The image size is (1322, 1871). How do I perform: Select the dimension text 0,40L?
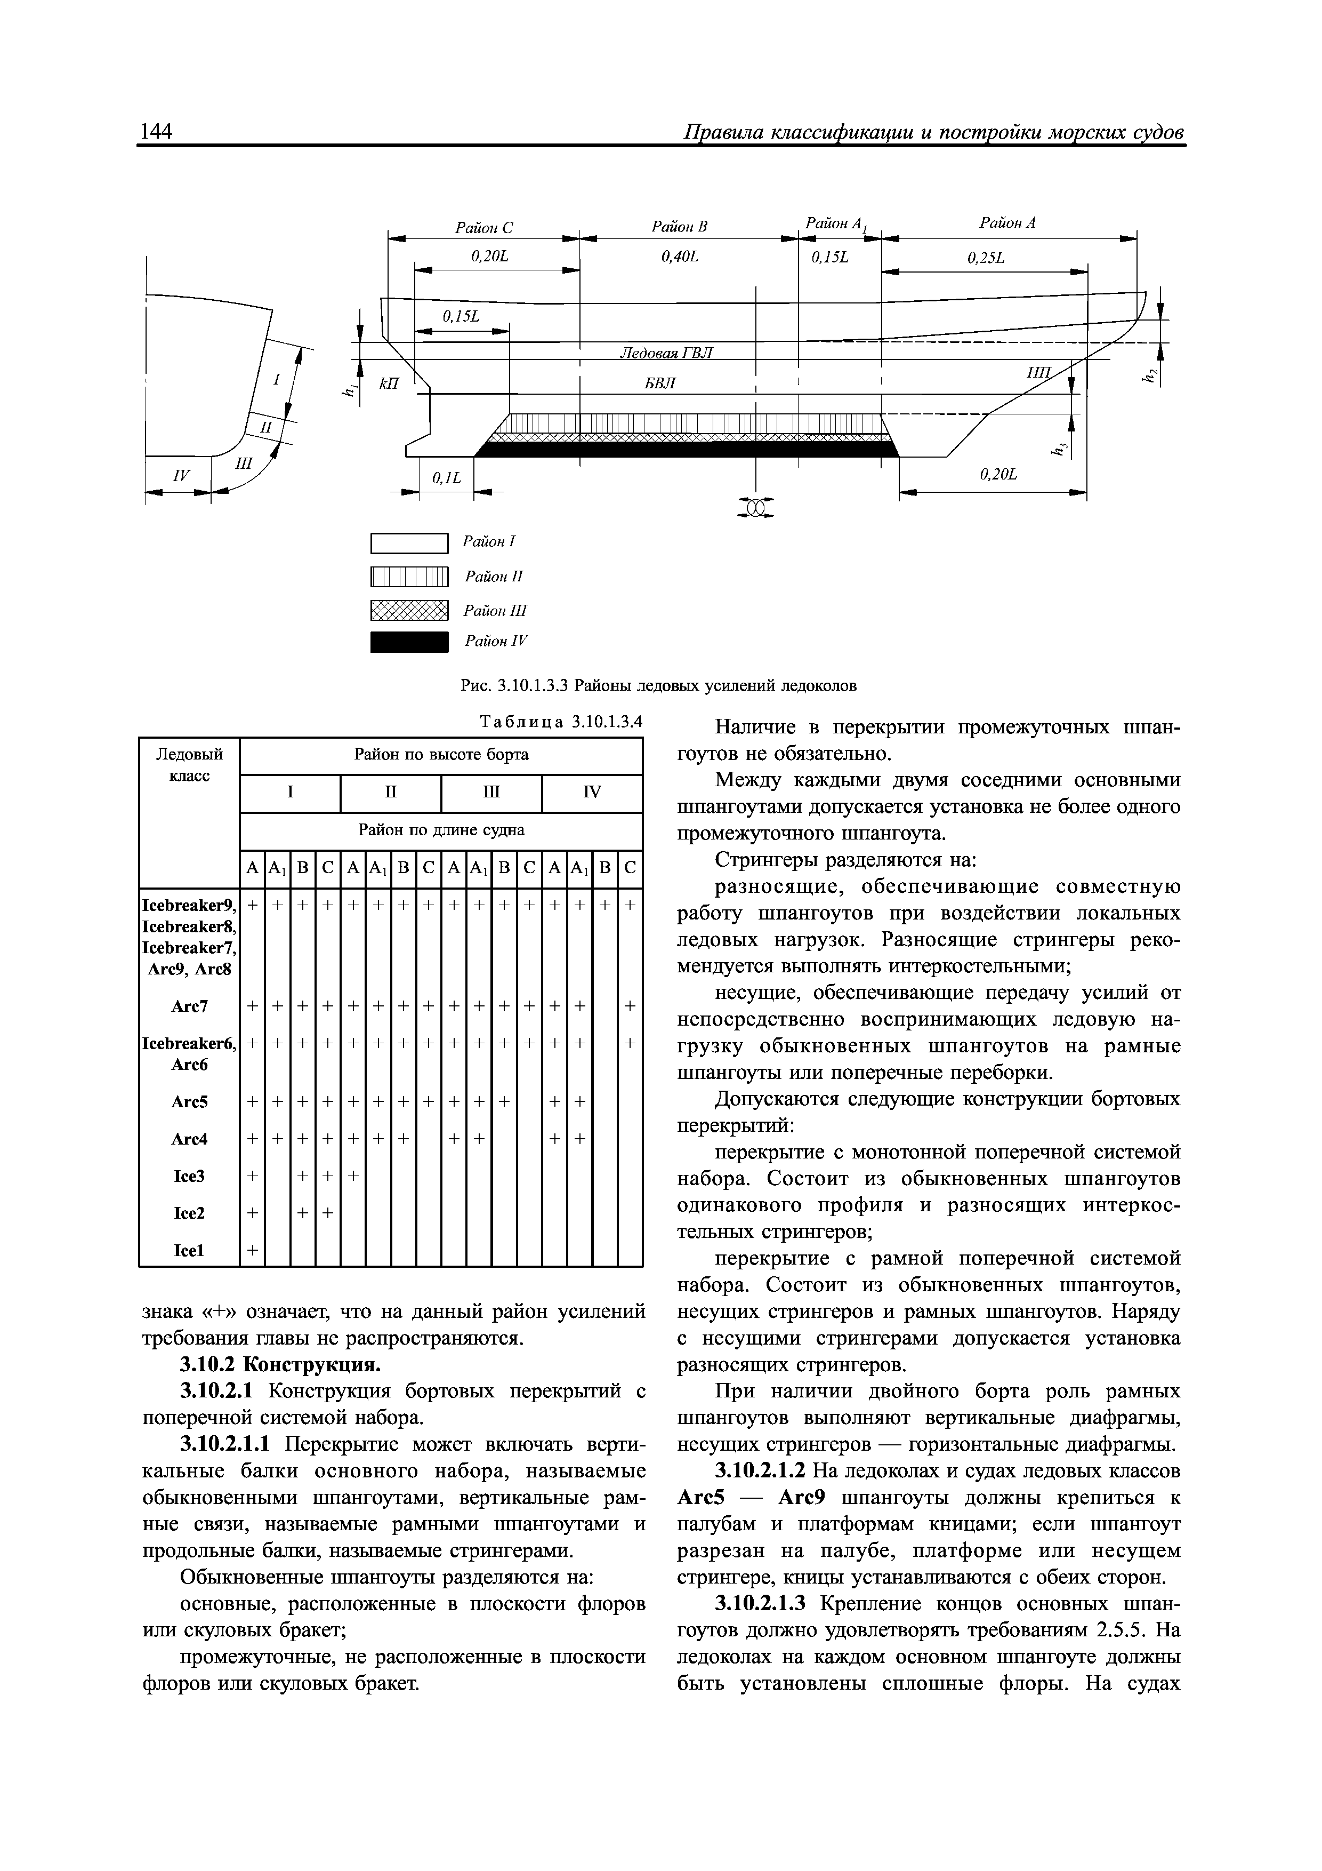pos(680,257)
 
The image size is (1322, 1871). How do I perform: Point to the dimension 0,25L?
pos(986,258)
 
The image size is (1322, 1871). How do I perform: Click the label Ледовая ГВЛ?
pos(666,352)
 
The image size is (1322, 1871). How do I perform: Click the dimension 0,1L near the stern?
pos(446,478)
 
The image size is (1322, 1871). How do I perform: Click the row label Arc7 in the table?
pos(189,1007)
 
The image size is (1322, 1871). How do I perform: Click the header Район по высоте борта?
pos(441,755)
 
